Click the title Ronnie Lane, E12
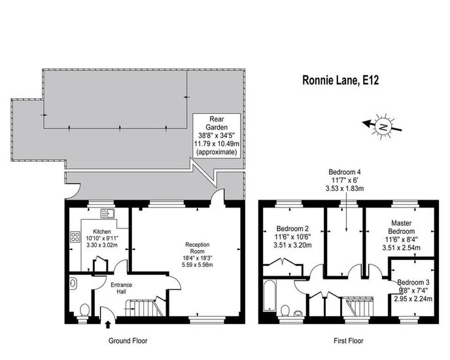click(x=340, y=80)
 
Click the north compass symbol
click(x=382, y=126)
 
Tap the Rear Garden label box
click(x=216, y=135)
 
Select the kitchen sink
click(x=108, y=213)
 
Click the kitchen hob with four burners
click(x=75, y=237)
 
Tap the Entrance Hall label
click(x=122, y=288)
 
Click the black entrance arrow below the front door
click(x=108, y=325)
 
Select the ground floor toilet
click(x=84, y=311)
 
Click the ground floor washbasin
click(x=73, y=283)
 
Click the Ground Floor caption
click(x=128, y=341)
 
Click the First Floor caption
click(x=349, y=341)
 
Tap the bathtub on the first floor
click(x=269, y=295)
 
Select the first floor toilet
click(x=285, y=310)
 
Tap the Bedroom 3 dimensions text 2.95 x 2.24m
click(x=413, y=299)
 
